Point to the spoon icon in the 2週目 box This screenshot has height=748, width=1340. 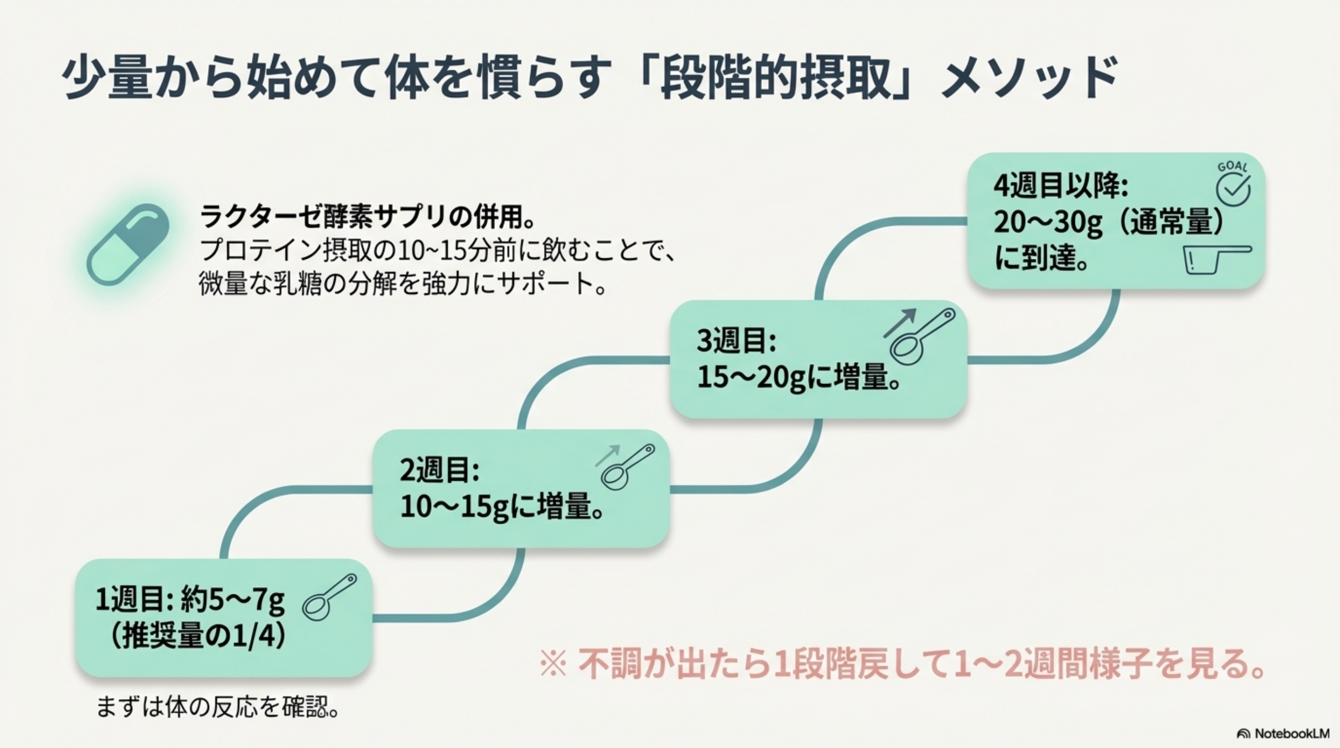(626, 466)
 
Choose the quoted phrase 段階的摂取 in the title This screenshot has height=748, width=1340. (775, 79)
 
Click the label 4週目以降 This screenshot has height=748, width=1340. (1060, 186)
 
